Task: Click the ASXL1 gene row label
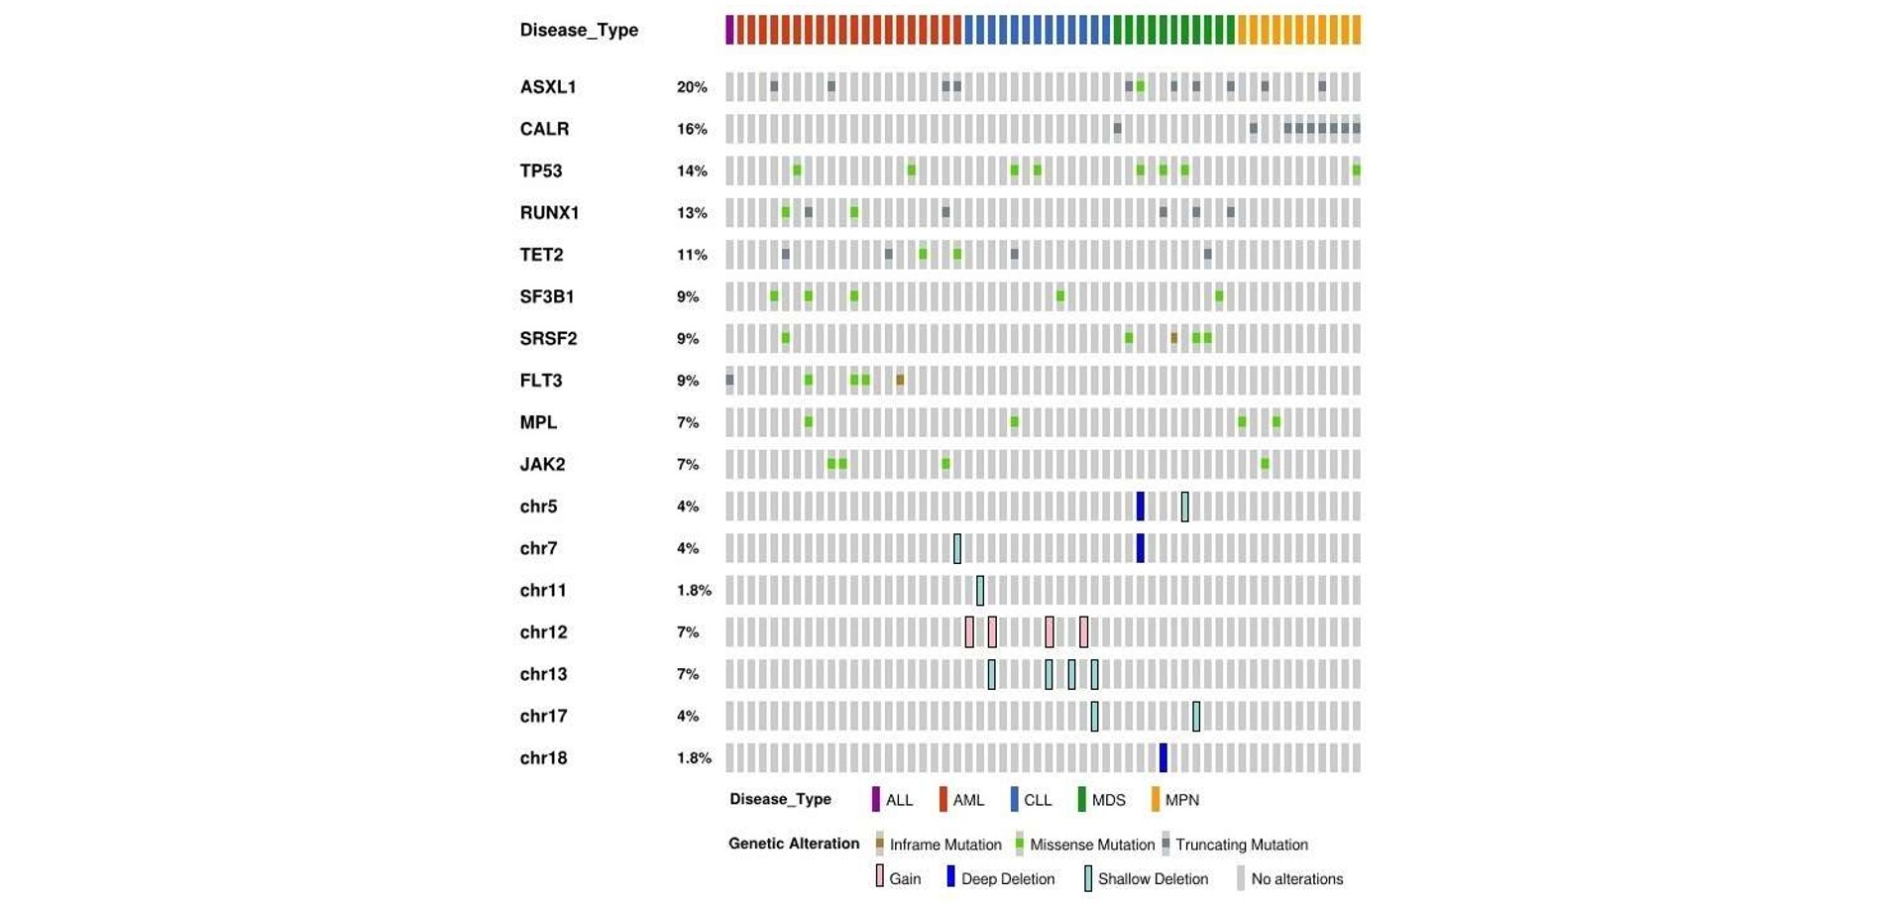pos(547,87)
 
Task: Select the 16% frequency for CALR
pos(691,129)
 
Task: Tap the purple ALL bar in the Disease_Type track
pos(729,30)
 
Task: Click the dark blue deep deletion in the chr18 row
pos(1163,757)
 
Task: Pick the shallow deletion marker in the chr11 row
pos(980,590)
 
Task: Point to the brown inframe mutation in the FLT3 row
pos(900,380)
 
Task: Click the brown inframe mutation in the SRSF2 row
pos(1173,338)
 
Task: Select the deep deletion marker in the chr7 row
pos(1140,548)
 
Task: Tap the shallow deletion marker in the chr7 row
pos(957,548)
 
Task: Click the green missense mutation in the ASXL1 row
pos(1140,87)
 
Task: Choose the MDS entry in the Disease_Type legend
pos(1107,800)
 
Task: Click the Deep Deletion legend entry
pos(1006,879)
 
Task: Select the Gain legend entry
pos(903,879)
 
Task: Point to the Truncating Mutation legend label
pos(1240,845)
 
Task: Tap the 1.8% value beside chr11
pos(693,590)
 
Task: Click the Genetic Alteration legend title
pos(793,844)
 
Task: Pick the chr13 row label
pos(543,674)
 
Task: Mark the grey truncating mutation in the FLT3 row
pos(729,380)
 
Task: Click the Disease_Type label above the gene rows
pos(579,30)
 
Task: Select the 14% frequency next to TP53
pos(691,170)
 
